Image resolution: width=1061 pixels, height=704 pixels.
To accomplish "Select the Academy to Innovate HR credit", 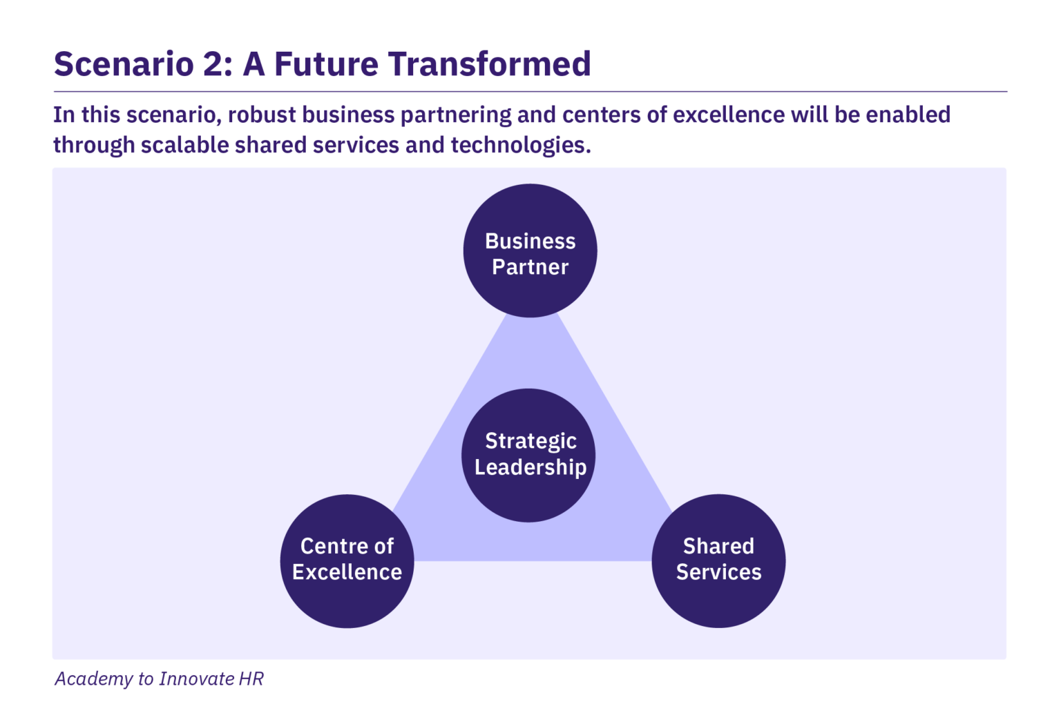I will pos(159,679).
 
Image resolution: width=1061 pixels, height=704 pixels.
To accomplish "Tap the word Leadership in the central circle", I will pos(530,467).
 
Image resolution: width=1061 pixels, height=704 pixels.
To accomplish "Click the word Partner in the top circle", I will pos(530,267).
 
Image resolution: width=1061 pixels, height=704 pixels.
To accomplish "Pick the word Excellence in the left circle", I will pos(347,572).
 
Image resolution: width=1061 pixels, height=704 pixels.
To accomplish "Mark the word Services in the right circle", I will pos(718,572).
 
